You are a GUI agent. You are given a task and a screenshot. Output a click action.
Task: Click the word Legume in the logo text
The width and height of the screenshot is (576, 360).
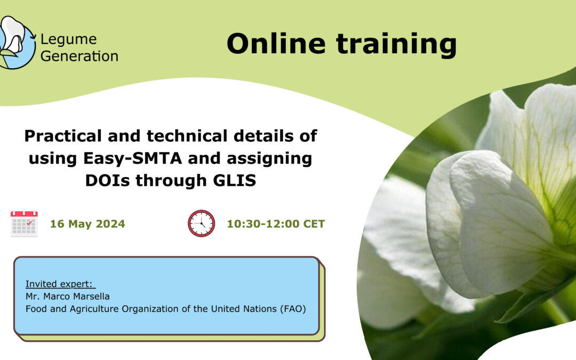(69, 39)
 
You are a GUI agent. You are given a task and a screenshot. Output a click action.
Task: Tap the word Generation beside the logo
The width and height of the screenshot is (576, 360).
(79, 56)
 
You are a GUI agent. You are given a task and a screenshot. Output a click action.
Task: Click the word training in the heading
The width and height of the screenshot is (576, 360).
(396, 45)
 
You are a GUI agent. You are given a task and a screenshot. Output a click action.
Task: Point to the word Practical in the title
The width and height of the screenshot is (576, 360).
(63, 136)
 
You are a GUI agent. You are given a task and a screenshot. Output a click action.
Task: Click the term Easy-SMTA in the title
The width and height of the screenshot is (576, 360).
(133, 158)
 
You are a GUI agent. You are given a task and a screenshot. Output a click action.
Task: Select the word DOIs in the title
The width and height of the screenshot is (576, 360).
(107, 180)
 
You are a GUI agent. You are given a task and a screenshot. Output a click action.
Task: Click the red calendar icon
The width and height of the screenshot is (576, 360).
(24, 223)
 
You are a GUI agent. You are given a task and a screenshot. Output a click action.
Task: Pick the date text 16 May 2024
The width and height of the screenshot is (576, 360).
(87, 223)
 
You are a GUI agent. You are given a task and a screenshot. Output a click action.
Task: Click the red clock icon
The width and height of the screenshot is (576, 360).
(201, 223)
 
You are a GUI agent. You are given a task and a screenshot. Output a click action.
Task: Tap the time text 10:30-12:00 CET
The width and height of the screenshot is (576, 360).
(276, 223)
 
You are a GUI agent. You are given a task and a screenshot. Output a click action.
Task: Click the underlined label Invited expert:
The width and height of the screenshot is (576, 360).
(60, 284)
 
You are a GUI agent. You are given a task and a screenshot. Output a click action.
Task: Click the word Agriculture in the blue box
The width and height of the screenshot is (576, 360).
(94, 309)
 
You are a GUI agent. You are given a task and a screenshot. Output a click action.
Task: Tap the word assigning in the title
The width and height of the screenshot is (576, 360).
(269, 159)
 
